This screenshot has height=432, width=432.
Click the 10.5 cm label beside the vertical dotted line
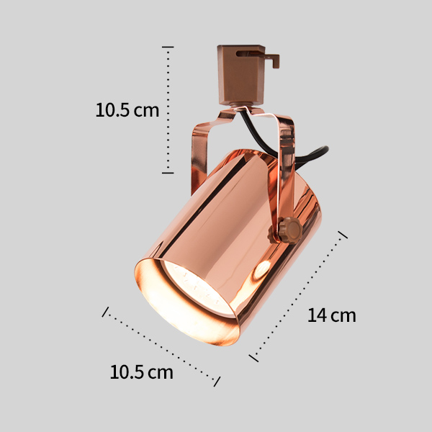(127, 110)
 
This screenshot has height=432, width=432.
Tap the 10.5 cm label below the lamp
(142, 372)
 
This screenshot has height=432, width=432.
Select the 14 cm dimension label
(332, 315)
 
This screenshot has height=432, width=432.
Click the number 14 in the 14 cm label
(317, 315)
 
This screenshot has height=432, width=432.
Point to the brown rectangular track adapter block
(241, 75)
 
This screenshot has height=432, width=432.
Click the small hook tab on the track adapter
(273, 60)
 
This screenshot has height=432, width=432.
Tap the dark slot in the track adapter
(247, 53)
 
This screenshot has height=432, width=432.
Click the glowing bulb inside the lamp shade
(199, 287)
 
